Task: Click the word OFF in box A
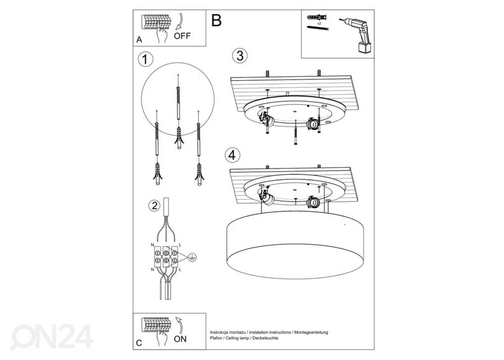181,36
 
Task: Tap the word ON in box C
181,340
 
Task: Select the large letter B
216,20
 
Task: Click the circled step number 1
146,60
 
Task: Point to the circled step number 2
153,205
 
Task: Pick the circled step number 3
239,56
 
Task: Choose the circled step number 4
232,155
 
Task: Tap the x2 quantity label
318,22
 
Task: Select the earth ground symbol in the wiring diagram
192,258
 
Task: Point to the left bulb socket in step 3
264,118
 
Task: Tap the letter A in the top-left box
139,39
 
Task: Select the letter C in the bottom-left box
139,343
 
